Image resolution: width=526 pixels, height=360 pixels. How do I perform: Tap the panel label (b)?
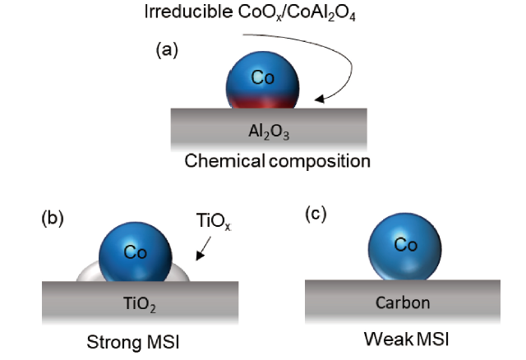click(52, 219)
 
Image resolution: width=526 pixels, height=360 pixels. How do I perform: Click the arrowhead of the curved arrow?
click(321, 99)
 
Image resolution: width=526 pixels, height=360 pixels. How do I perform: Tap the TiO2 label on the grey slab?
click(140, 302)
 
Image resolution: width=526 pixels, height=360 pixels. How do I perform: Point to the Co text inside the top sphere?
click(263, 78)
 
